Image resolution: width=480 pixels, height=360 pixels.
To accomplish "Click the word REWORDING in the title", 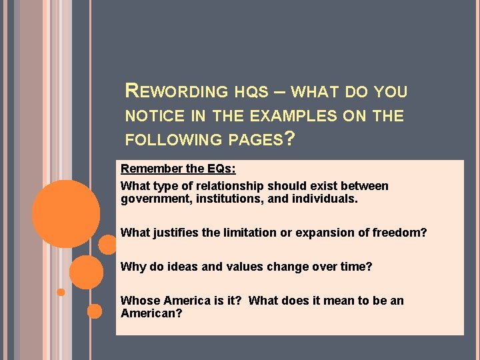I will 177,91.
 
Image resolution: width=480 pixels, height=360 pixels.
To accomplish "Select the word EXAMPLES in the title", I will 293,116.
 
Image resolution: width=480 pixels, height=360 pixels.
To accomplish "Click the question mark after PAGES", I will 287,139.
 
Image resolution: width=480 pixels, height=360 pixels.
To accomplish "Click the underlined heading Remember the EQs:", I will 178,169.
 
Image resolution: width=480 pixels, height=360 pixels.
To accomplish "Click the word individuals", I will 323,199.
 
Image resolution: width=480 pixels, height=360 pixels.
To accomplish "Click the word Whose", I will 137,301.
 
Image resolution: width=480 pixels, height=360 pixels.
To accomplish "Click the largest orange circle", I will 67,214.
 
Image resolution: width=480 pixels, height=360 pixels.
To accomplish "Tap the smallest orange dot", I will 61,292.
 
